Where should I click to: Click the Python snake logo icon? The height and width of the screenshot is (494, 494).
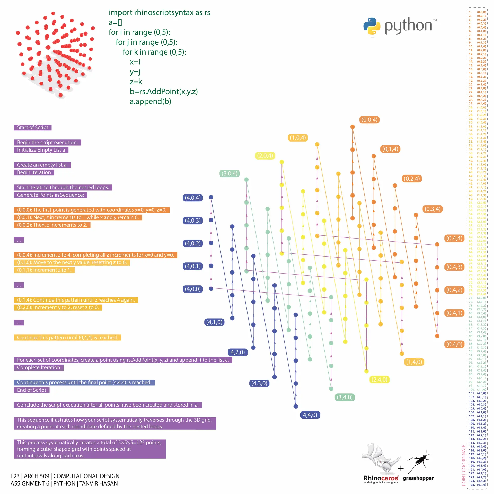point(372,26)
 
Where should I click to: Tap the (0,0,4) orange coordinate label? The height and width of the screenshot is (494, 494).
point(369,120)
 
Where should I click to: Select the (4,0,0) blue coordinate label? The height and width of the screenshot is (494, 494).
point(193,289)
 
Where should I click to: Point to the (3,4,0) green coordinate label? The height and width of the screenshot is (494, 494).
point(345,397)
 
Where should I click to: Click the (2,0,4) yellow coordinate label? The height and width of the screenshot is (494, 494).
point(265,156)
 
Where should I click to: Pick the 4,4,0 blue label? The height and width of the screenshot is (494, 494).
point(310,415)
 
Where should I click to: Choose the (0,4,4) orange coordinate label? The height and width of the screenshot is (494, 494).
point(454,238)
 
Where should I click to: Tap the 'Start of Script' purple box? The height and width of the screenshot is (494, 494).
point(33,127)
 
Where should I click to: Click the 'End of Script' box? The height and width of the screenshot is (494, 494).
point(32,390)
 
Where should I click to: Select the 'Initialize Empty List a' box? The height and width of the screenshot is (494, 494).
point(41,150)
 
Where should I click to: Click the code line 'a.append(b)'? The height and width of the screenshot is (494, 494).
point(150,101)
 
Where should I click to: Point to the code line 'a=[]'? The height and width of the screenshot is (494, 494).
point(115,22)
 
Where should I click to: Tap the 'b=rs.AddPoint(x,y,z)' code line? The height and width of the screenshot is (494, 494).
point(164,91)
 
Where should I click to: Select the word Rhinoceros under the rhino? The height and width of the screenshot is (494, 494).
point(381,478)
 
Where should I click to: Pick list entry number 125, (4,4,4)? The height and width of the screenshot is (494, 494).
point(478,485)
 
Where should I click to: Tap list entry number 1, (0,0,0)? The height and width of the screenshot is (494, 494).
point(478,12)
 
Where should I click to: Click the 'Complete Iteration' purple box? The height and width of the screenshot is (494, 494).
point(39,367)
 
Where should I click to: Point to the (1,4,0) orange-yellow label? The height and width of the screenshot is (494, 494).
point(414,362)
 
